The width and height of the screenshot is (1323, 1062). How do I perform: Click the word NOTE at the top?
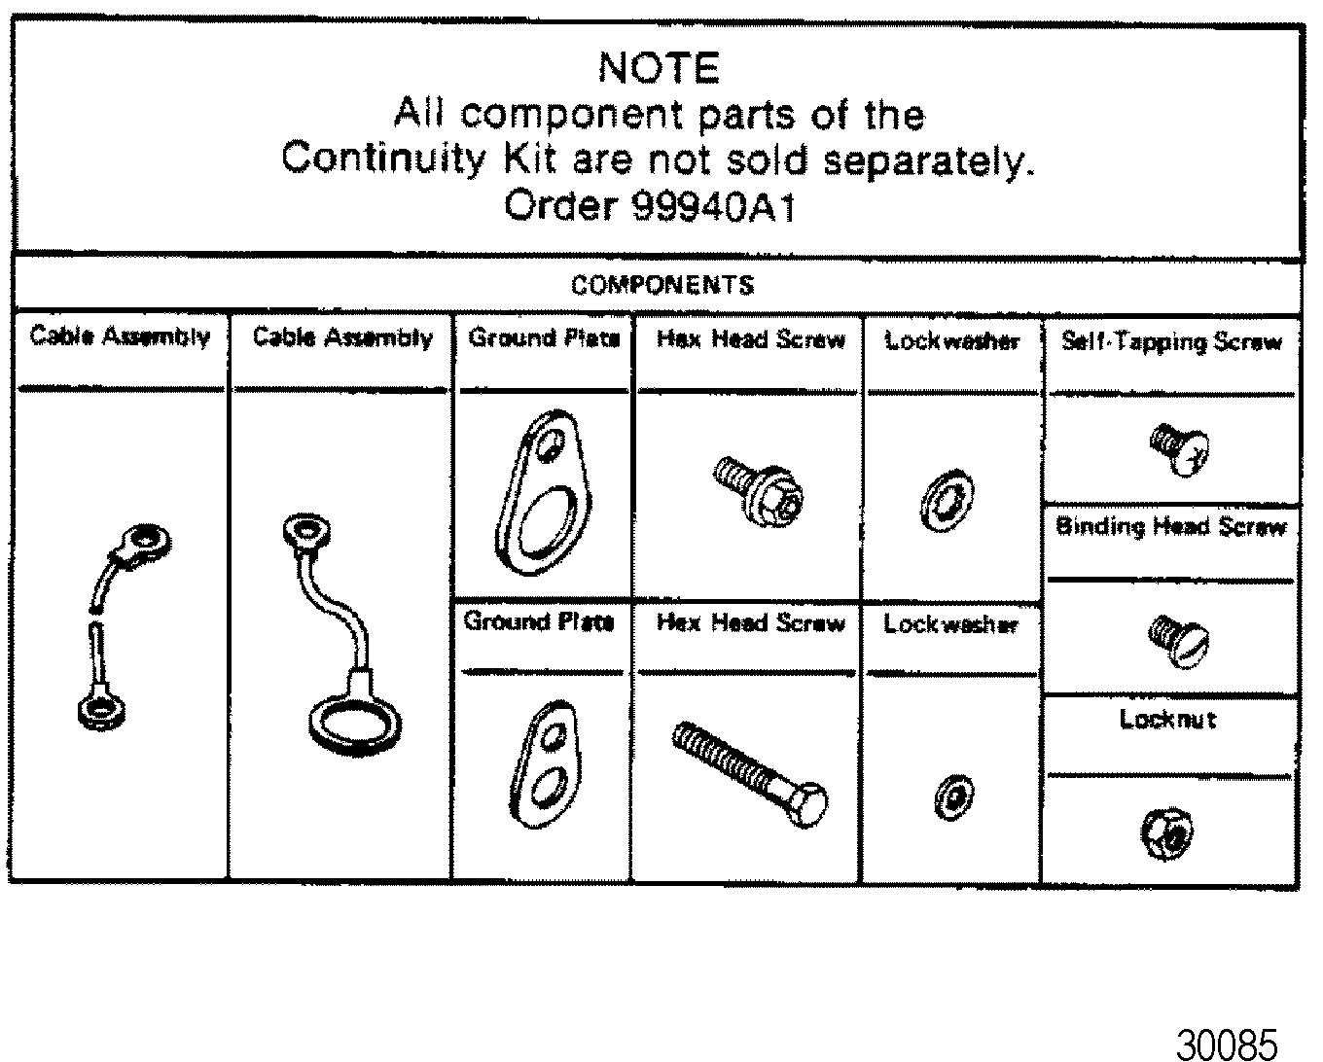pos(659,68)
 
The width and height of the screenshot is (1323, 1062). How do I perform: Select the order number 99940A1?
pos(713,206)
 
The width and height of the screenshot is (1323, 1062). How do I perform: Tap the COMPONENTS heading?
pos(661,285)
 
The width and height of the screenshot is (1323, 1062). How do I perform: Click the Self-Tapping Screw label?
pos(1171,342)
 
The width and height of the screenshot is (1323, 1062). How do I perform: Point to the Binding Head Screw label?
pos(1171,527)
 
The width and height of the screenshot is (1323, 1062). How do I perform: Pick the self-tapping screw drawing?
pos(1178,448)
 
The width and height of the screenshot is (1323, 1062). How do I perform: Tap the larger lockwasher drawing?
pos(947,502)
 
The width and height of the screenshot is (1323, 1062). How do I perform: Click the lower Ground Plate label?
pos(539,622)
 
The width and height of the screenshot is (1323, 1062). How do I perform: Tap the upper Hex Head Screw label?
pos(750,339)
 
